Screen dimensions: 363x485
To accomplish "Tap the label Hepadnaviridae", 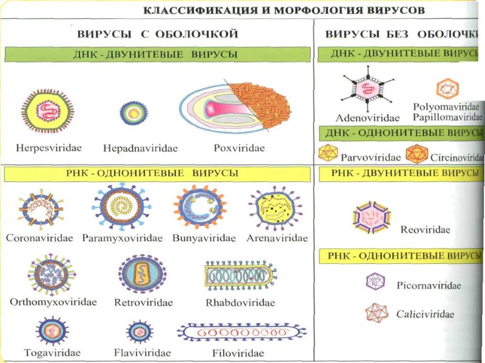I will pyautogui.click(x=132, y=148).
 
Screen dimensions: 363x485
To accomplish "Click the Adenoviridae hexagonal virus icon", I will pyautogui.click(x=366, y=89).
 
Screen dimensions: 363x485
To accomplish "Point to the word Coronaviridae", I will pyautogui.click(x=39, y=238).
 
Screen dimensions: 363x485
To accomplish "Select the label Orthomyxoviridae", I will pyautogui.click(x=53, y=301).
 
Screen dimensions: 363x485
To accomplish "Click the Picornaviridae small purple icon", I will pyautogui.click(x=375, y=281).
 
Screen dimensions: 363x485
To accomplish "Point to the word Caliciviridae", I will pyautogui.click(x=425, y=314).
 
